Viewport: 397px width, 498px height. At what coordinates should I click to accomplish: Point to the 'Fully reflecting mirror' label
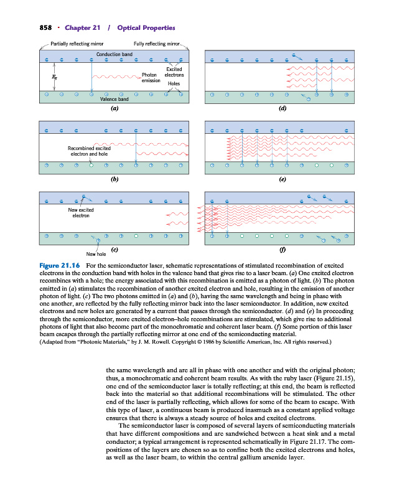coord(156,44)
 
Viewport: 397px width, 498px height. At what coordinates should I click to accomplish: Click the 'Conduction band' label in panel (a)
coord(114,54)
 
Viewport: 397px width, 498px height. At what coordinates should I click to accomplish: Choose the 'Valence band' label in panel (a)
coord(114,99)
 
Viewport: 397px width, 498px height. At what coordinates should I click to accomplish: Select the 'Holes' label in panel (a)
coord(174,83)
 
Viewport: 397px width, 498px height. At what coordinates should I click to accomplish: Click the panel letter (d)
coord(283,108)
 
